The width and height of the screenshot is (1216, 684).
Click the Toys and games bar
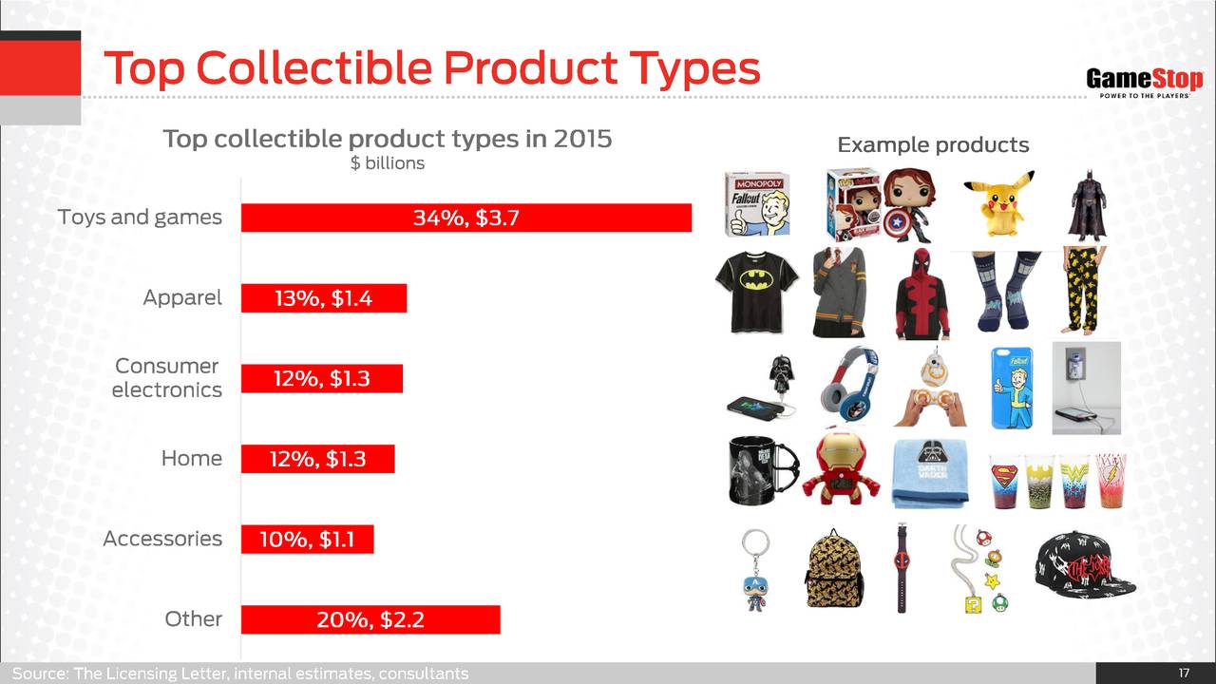pos(466,218)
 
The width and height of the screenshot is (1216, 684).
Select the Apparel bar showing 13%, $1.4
pos(324,298)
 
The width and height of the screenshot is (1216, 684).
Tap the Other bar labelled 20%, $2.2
pos(370,619)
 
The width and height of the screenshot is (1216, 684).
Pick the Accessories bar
pos(307,539)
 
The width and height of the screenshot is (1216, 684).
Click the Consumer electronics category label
pos(166,378)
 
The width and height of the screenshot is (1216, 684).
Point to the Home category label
pos(192,459)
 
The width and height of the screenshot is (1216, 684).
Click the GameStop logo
pos(1145,83)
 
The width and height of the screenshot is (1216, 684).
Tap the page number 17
pos(1184,674)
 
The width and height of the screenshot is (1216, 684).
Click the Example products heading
pos(933,145)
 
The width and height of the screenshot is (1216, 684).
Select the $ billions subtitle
pos(387,162)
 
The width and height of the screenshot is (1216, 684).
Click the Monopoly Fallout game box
pos(757,204)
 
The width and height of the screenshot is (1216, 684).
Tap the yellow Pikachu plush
pos(999,203)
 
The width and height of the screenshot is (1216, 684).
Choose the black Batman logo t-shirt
pos(757,292)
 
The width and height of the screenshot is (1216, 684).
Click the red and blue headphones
pos(849,386)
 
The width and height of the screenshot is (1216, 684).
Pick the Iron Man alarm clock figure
pos(841,470)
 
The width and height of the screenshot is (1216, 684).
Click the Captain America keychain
pos(755,570)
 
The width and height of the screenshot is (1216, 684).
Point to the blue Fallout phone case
pos(1013,389)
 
